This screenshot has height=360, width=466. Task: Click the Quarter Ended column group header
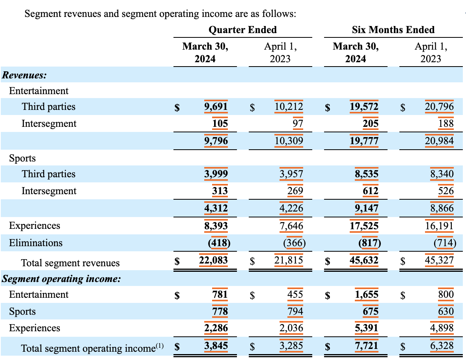point(242,30)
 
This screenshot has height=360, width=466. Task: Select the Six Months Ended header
point(393,30)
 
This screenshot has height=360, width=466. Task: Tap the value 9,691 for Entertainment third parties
point(217,107)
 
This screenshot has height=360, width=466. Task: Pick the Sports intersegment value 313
point(220,191)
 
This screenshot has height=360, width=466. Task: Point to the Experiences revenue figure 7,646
point(291,226)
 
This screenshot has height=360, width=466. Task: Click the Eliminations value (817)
point(369,243)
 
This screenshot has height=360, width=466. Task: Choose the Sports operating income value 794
point(295,312)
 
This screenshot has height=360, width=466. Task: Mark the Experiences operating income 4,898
point(442,328)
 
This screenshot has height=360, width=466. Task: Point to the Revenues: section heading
point(24,75)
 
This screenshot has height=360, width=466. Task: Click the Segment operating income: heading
point(61,279)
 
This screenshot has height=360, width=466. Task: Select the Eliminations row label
point(36,243)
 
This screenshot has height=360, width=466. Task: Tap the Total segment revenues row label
point(70,263)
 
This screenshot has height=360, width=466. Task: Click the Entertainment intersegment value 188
point(446,124)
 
